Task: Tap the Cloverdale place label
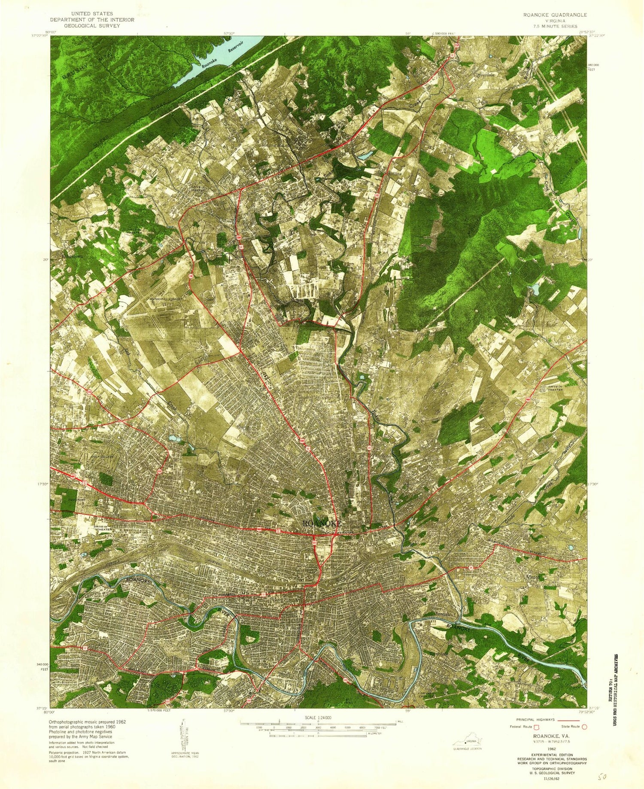point(484,74)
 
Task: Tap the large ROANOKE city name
point(322,524)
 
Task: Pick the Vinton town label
point(533,577)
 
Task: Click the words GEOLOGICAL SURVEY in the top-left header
point(92,26)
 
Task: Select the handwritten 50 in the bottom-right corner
point(602,777)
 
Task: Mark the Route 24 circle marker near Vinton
point(471,568)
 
